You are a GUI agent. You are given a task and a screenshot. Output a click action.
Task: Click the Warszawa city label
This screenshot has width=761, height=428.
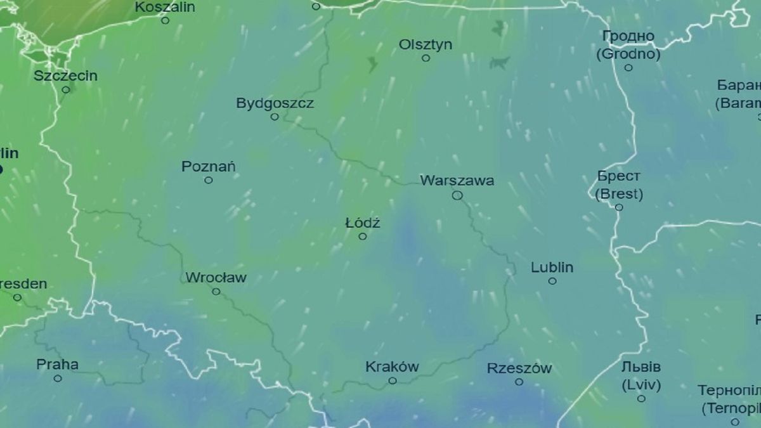[x=457, y=181]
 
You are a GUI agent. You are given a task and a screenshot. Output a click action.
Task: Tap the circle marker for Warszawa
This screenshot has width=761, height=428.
[x=457, y=195]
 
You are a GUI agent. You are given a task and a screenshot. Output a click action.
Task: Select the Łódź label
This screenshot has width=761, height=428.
[x=363, y=223]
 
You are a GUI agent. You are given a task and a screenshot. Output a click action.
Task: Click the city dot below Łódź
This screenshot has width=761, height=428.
[x=363, y=237]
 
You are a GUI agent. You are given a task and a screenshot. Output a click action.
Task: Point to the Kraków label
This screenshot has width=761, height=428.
[x=392, y=366]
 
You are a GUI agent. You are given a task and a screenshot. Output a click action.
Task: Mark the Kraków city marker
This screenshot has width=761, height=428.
[x=393, y=380]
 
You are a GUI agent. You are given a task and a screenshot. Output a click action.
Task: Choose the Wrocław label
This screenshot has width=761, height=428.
[x=216, y=278]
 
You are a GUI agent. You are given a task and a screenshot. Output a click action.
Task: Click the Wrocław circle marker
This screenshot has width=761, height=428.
[x=216, y=292]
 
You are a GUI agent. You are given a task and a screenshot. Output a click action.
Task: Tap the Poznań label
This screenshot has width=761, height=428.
[x=209, y=167]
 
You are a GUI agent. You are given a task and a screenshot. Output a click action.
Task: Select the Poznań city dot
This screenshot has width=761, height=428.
[x=209, y=180]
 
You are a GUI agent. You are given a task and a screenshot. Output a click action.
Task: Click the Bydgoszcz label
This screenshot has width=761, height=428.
[x=275, y=103]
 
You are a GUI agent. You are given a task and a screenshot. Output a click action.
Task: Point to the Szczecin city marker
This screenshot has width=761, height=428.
[x=66, y=89]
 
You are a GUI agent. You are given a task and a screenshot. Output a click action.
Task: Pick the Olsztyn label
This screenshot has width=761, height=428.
[x=426, y=44]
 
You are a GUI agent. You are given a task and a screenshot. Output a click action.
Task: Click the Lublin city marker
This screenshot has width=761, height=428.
[x=552, y=281]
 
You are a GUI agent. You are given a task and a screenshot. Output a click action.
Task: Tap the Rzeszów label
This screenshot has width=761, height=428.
[x=519, y=368]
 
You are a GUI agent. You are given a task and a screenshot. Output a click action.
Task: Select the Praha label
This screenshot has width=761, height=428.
[x=57, y=365]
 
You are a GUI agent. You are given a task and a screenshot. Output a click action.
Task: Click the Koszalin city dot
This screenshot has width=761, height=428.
[x=165, y=20]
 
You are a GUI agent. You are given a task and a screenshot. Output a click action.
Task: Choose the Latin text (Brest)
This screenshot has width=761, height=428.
[x=619, y=194]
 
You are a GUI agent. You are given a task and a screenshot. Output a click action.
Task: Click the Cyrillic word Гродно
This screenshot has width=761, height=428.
[x=628, y=37]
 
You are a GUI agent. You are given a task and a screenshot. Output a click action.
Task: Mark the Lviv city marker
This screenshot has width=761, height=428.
[x=641, y=398]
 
